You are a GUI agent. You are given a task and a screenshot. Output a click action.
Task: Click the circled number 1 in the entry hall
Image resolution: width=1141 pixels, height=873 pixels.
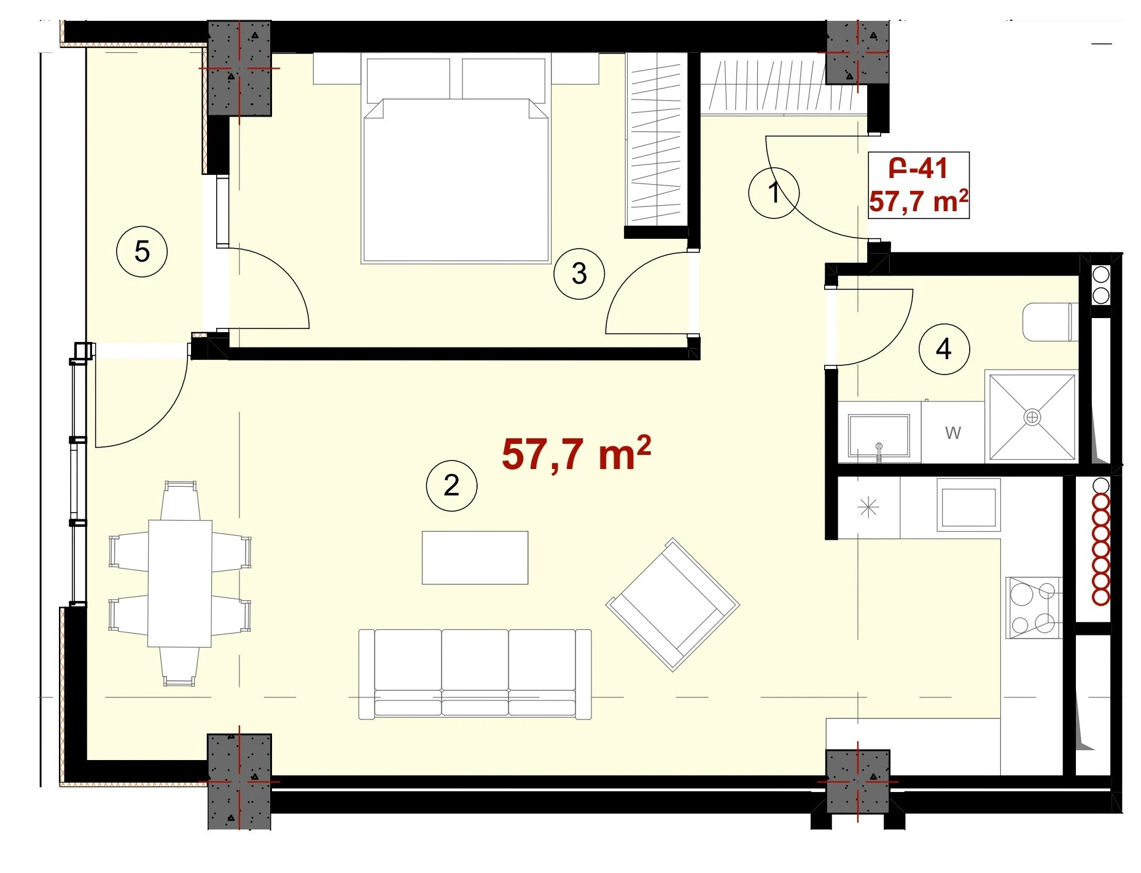tap(774, 193)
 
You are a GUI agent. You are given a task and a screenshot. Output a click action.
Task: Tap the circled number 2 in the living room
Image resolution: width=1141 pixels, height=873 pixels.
tap(451, 486)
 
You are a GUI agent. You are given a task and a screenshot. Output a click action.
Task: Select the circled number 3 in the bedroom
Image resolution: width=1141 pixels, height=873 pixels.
tap(579, 274)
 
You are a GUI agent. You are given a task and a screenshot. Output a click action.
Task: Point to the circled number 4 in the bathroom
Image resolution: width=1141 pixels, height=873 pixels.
tap(944, 349)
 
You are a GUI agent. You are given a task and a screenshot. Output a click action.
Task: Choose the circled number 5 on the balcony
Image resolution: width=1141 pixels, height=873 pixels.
tap(142, 252)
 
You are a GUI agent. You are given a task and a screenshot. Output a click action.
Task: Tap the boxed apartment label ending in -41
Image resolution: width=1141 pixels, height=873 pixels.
tap(919, 185)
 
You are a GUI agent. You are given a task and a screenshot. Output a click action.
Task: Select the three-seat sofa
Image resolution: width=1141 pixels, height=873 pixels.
tap(475, 674)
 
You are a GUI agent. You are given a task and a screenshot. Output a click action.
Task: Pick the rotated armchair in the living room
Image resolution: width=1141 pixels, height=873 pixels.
tap(672, 605)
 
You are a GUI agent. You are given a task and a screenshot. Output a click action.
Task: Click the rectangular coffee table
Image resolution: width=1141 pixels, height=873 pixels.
tap(475, 557)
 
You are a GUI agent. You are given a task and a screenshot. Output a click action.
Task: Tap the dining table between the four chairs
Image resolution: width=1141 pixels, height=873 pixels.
tap(180, 583)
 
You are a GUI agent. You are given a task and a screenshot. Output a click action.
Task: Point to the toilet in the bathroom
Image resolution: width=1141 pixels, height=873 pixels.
tap(1050, 322)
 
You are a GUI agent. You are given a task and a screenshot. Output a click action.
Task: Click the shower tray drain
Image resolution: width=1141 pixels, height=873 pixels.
tap(1032, 417)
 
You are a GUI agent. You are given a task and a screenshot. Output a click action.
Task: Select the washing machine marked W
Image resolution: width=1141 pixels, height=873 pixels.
tap(952, 432)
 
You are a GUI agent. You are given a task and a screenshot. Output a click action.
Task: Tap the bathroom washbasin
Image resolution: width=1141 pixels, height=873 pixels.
tap(879, 435)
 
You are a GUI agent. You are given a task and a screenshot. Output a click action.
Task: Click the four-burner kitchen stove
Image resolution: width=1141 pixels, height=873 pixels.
tap(1034, 608)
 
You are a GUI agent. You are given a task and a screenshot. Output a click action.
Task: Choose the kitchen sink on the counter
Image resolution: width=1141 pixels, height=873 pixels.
tap(968, 505)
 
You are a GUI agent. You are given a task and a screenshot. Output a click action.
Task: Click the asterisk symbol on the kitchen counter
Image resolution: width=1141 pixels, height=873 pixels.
tap(868, 508)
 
